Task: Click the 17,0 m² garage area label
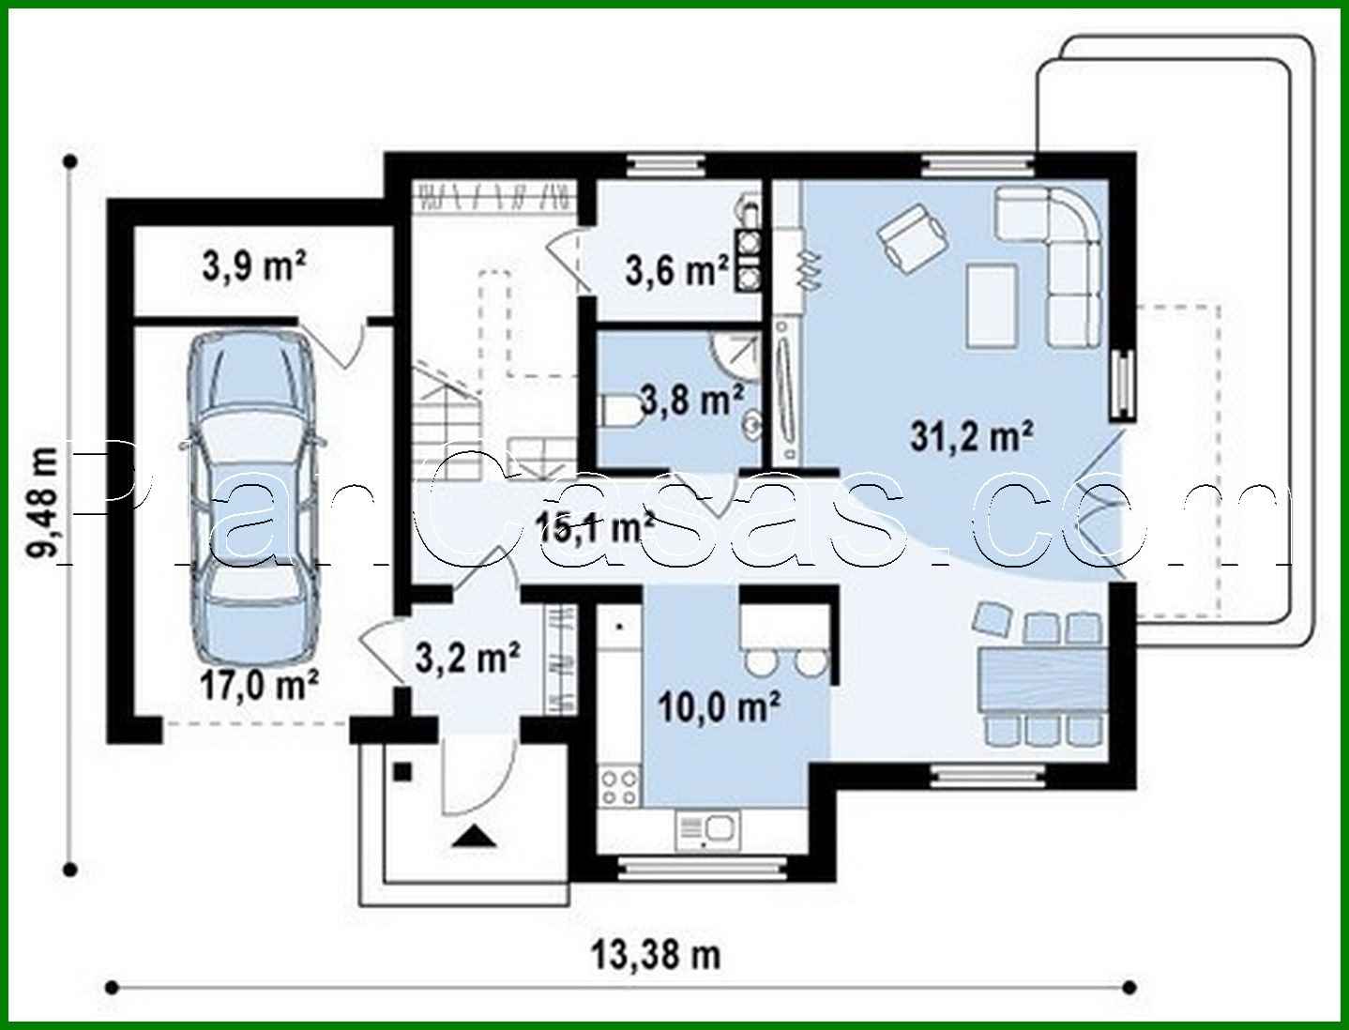[x=259, y=685]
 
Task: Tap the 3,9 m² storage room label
[x=254, y=266]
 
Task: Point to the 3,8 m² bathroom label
[x=691, y=400]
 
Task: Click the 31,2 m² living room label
[x=971, y=436]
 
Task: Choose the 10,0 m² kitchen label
[x=719, y=706]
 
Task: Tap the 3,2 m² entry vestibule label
[x=468, y=659]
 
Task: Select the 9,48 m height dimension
[x=42, y=504]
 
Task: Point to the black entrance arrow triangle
[x=473, y=837]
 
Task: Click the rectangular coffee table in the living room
[x=992, y=306]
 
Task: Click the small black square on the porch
[x=402, y=772]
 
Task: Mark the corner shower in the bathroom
[x=737, y=356]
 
